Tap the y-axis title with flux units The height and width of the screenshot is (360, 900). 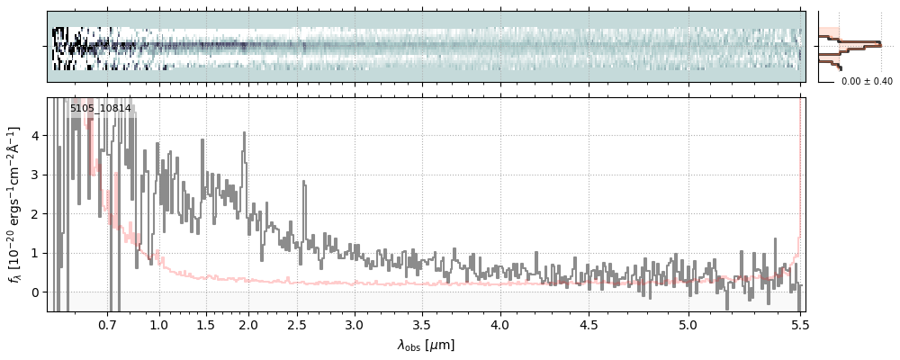tap(15, 205)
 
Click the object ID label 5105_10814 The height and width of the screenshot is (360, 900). tap(101, 109)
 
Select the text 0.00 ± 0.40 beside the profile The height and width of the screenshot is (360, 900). tap(867, 82)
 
